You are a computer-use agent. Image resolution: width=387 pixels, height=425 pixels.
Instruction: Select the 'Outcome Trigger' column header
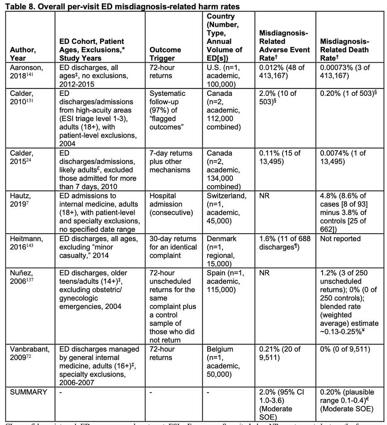click(x=165, y=54)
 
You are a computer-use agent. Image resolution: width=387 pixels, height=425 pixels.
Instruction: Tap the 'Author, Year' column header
click(x=23, y=54)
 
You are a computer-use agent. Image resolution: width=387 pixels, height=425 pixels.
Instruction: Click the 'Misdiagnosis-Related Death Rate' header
click(x=344, y=50)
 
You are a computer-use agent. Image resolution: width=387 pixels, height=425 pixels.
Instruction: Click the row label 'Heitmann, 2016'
click(x=27, y=243)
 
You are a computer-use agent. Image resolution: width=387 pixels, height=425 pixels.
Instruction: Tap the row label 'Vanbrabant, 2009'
click(x=29, y=353)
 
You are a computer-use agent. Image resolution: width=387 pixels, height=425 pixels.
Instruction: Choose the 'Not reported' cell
click(x=340, y=239)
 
